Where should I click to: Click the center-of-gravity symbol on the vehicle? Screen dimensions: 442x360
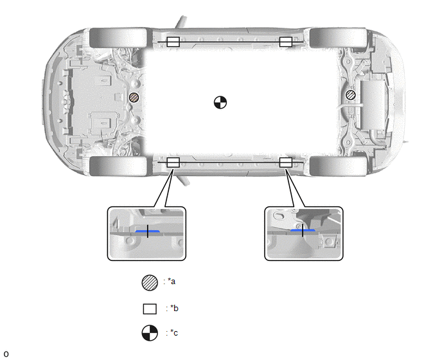pyautogui.click(x=220, y=102)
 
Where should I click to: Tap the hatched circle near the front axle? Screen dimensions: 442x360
pyautogui.click(x=134, y=98)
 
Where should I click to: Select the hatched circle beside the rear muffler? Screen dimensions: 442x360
pyautogui.click(x=351, y=94)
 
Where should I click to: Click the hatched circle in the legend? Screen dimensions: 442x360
pyautogui.click(x=150, y=283)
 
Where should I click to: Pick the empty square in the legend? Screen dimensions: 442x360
pyautogui.click(x=150, y=309)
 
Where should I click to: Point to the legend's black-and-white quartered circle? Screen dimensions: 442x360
pyautogui.click(x=150, y=333)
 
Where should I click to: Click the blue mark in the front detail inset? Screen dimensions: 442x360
pyautogui.click(x=147, y=231)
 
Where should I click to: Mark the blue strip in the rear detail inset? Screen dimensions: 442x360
pyautogui.click(x=303, y=231)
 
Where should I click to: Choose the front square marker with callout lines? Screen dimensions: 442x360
pyautogui.click(x=173, y=163)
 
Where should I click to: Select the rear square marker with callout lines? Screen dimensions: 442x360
pyautogui.click(x=286, y=163)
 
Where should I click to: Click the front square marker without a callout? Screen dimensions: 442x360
pyautogui.click(x=173, y=42)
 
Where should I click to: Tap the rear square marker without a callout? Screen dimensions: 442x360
pyautogui.click(x=286, y=42)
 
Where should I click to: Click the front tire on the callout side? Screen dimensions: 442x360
pyautogui.click(x=118, y=166)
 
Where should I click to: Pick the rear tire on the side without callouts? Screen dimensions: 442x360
pyautogui.click(x=339, y=38)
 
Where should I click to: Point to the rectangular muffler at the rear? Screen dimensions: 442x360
pyautogui.click(x=373, y=105)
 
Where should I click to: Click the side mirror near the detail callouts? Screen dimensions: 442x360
pyautogui.click(x=182, y=180)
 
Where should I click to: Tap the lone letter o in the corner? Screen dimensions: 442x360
pyautogui.click(x=6, y=354)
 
